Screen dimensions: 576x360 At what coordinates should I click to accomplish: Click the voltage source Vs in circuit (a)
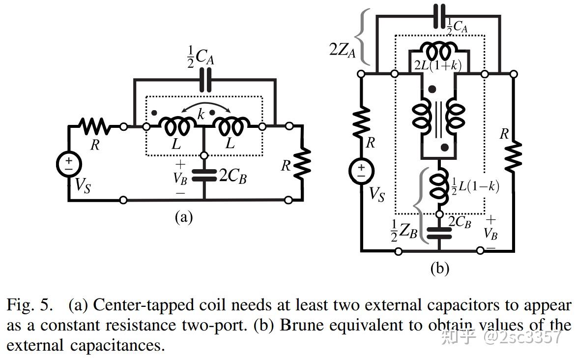pyautogui.click(x=69, y=164)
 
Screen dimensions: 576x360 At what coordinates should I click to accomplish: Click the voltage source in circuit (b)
pyautogui.click(x=361, y=171)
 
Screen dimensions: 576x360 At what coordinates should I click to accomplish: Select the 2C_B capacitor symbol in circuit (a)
pyautogui.click(x=204, y=175)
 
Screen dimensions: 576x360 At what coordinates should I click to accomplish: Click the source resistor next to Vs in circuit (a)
pyautogui.click(x=95, y=126)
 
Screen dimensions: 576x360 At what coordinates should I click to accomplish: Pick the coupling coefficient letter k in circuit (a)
pyautogui.click(x=201, y=114)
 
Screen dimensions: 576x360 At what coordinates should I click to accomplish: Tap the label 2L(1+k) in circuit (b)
pyautogui.click(x=437, y=65)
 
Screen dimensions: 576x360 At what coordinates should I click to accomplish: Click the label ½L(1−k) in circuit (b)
pyautogui.click(x=475, y=186)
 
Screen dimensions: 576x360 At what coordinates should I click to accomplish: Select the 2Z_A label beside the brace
pyautogui.click(x=343, y=50)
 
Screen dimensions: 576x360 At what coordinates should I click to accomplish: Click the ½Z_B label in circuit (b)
pyautogui.click(x=404, y=231)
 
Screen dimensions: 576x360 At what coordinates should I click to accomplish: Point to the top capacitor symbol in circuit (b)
pyautogui.click(x=439, y=16)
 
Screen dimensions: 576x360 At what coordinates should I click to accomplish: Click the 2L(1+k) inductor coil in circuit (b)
pyautogui.click(x=439, y=50)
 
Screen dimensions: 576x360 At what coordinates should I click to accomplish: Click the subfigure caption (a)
pyautogui.click(x=184, y=217)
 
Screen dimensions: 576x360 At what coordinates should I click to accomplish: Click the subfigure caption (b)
pyautogui.click(x=440, y=269)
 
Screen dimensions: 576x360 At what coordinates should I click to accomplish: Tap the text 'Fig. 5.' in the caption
pyautogui.click(x=30, y=305)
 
